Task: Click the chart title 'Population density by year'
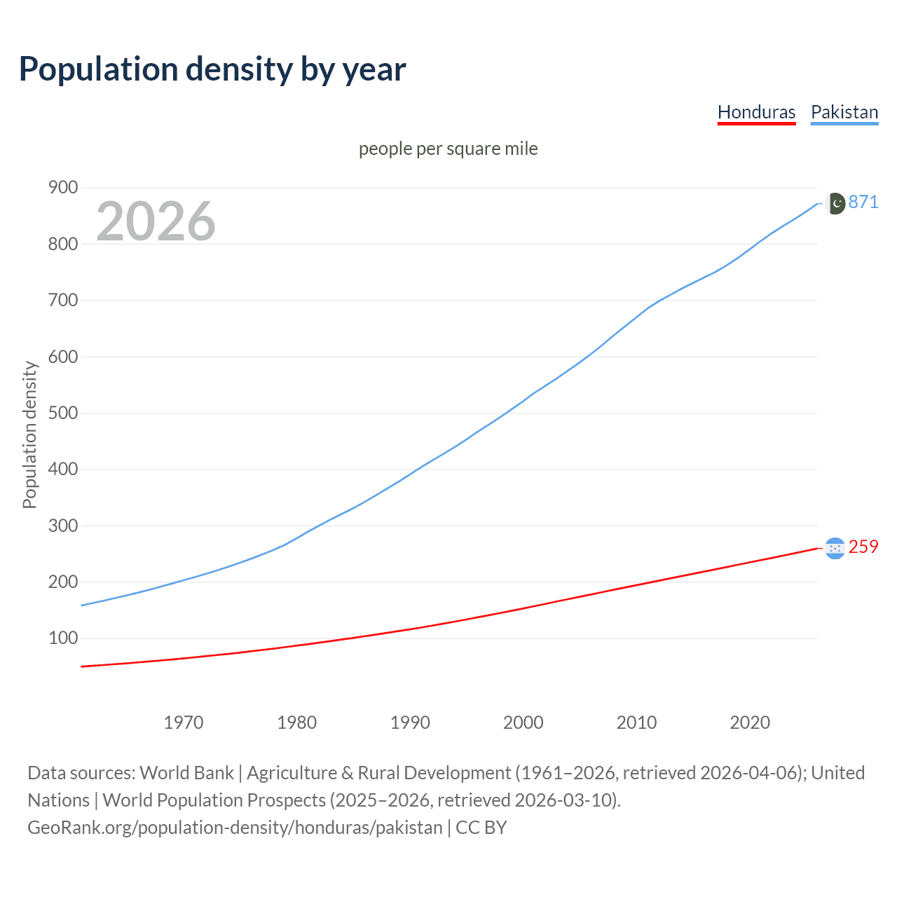212,69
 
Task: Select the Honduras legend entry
756,112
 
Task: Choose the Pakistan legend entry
844,112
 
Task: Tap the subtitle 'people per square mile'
448,149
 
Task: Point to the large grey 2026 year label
156,221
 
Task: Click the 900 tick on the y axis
63,187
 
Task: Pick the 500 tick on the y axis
63,413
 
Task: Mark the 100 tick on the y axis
63,638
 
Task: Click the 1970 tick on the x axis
184,723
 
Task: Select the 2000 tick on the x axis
523,723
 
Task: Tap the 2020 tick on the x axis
750,723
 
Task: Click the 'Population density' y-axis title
29,434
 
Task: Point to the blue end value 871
863,202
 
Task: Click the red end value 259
863,547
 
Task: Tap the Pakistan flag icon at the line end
835,203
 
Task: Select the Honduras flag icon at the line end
835,548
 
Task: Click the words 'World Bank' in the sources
186,773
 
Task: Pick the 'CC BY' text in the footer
481,828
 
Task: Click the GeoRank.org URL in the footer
235,828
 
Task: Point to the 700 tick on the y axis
63,300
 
